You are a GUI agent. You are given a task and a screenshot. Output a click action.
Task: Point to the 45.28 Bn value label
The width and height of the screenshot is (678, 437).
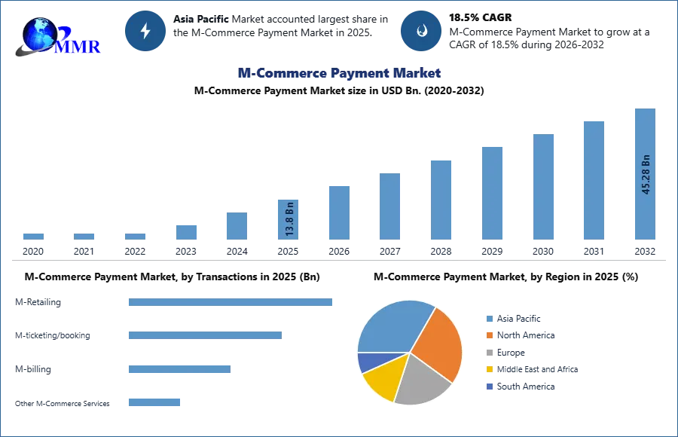[646, 175]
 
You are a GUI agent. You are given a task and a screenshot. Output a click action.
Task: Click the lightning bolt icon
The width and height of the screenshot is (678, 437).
[145, 31]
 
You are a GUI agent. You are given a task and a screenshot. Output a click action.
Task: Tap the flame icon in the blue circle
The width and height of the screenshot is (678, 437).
[421, 31]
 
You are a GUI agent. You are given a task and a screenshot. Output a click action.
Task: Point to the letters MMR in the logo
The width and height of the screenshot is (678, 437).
[79, 46]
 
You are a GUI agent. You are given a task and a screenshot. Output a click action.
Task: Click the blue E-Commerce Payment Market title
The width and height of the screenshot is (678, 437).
[338, 73]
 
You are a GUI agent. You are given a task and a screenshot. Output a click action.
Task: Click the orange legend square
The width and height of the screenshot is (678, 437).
[488, 336]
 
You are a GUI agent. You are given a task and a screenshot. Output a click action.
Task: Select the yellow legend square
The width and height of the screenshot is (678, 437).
[488, 369]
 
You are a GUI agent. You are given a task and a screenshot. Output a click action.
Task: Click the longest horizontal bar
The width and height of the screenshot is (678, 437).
[231, 301]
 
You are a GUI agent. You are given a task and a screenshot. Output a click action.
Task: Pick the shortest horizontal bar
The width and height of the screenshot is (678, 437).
[154, 403]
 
